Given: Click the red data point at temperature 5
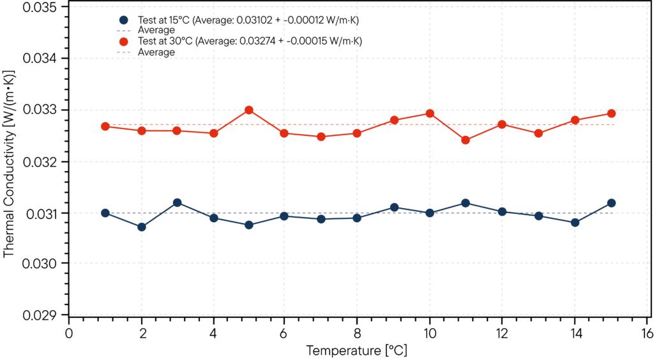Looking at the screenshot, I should pos(249,110).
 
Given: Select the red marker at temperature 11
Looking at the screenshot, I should pos(466,140).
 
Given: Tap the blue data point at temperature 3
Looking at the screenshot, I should pos(178,202).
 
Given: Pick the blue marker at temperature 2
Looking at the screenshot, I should pos(142,227).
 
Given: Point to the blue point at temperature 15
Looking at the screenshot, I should pos(611,203).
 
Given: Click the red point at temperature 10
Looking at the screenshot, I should pos(430,114).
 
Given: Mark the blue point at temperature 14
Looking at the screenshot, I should pos(575,222).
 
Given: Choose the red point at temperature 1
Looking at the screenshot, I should pos(105,126).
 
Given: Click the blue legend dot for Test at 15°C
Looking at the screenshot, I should pos(124,20).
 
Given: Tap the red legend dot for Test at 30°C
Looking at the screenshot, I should pos(124,41).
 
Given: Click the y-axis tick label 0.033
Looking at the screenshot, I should pos(40,110).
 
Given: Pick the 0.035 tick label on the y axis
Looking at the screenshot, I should pos(40,7).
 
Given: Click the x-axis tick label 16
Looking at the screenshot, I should pos(647,333).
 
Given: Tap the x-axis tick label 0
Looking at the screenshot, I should pos(69,333).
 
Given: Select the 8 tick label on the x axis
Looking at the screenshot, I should pos(358,333).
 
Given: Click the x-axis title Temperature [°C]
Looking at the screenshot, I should pos(356,350).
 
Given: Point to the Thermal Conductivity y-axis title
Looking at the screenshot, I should pos(9,163).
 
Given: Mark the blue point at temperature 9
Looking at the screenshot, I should pos(394,207).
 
